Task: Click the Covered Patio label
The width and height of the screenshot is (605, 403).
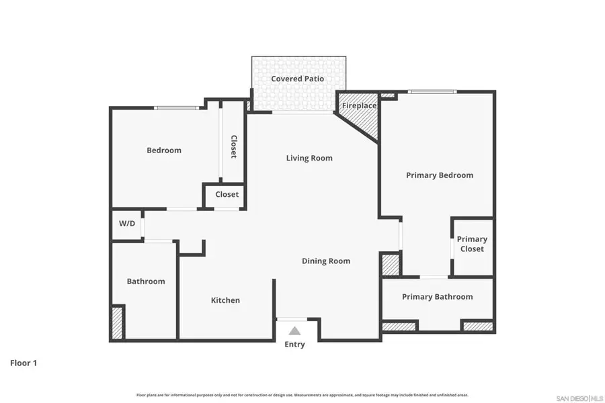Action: click(297, 79)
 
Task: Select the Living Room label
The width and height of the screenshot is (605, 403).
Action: click(309, 159)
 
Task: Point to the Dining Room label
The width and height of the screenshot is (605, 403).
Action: click(325, 261)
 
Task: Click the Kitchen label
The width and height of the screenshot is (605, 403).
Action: click(225, 300)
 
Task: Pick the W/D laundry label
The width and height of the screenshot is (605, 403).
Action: click(127, 224)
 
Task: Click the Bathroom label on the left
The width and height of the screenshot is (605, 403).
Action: click(146, 281)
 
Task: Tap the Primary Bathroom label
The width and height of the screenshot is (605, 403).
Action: click(437, 297)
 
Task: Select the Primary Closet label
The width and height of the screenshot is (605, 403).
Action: click(472, 244)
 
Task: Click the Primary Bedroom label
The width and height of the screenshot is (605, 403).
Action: click(440, 175)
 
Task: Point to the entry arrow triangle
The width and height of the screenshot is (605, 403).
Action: click(294, 330)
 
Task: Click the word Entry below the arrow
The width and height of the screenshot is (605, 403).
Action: click(294, 345)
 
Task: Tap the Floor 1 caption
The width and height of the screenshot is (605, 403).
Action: click(24, 363)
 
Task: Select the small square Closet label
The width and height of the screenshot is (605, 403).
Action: click(227, 195)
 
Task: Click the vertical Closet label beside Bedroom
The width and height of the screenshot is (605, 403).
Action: click(233, 147)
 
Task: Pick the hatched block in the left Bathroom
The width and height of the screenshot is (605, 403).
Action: click(118, 322)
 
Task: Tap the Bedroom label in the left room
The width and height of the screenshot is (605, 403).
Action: click(164, 150)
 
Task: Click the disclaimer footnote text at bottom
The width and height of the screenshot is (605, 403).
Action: click(302, 395)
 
